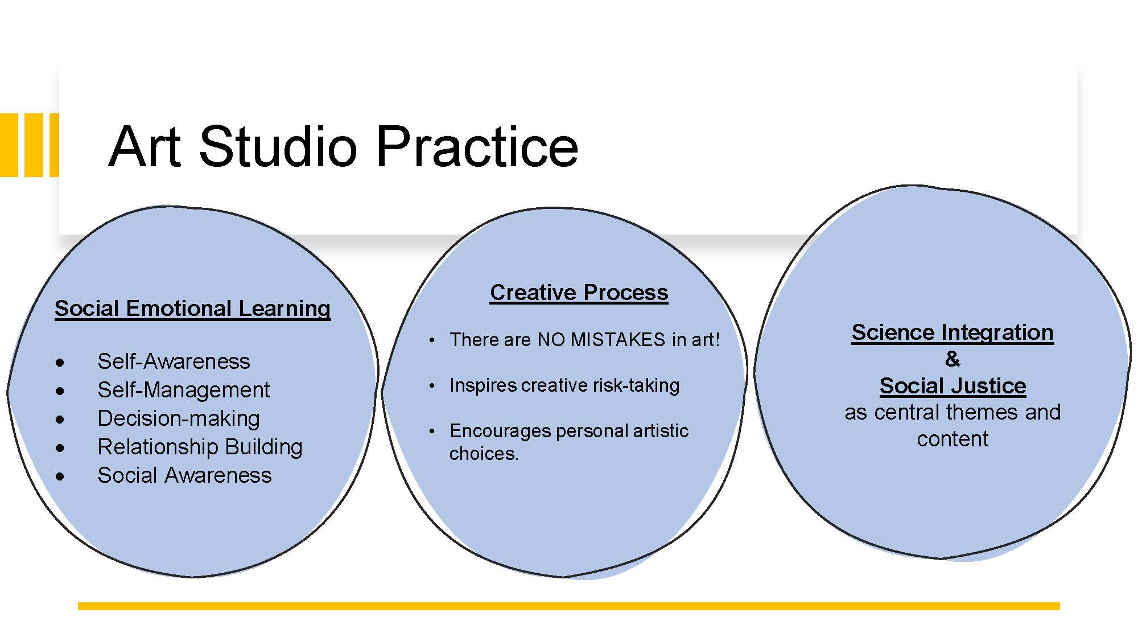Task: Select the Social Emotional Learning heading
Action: click(x=192, y=309)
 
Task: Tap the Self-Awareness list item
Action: click(x=174, y=361)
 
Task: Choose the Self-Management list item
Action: click(x=183, y=390)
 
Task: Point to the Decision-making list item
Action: click(x=179, y=418)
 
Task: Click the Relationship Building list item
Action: click(x=200, y=447)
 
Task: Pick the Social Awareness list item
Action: click(x=184, y=475)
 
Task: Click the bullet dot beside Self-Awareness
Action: click(x=60, y=363)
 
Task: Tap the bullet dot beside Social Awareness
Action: click(x=60, y=476)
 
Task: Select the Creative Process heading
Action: click(x=579, y=293)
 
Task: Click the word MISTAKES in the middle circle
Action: click(x=617, y=340)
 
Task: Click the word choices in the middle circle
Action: click(x=484, y=454)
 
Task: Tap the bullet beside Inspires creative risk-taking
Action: click(x=432, y=386)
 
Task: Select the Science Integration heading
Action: click(x=953, y=332)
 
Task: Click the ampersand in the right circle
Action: click(x=953, y=359)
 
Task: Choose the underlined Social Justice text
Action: click(x=953, y=386)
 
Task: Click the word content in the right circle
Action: click(x=953, y=439)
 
